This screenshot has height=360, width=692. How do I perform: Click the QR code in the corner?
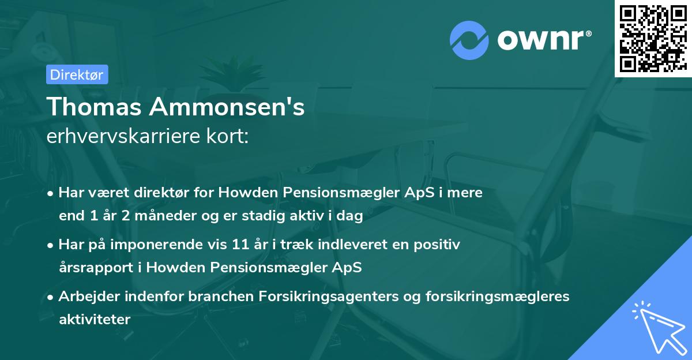[x=653, y=38]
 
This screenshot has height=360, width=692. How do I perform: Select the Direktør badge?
[x=77, y=74]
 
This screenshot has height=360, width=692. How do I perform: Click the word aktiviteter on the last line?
[x=95, y=319]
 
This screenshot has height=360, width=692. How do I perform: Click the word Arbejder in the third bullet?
[x=84, y=297]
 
